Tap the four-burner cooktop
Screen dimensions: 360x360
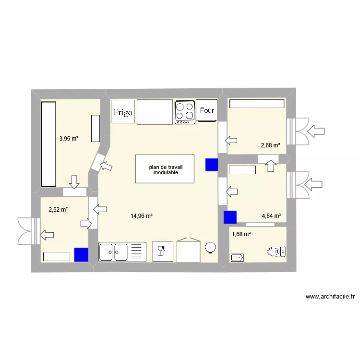click(x=185, y=112)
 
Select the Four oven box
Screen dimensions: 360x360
click(x=207, y=110)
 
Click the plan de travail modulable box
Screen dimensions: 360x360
click(x=165, y=169)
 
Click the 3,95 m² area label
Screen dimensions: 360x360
click(x=69, y=139)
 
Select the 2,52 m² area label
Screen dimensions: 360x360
click(x=58, y=209)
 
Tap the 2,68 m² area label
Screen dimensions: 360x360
click(x=270, y=146)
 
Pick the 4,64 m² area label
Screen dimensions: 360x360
click(x=271, y=216)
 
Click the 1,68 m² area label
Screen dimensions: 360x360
click(x=241, y=234)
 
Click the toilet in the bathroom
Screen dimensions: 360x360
click(x=276, y=251)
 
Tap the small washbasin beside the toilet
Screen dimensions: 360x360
click(x=237, y=258)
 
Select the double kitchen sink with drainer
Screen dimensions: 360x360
click(x=122, y=252)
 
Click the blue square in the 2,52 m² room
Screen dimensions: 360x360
click(x=81, y=254)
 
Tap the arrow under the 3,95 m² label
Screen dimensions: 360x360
click(x=74, y=182)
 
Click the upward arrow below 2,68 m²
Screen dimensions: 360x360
click(x=271, y=165)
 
